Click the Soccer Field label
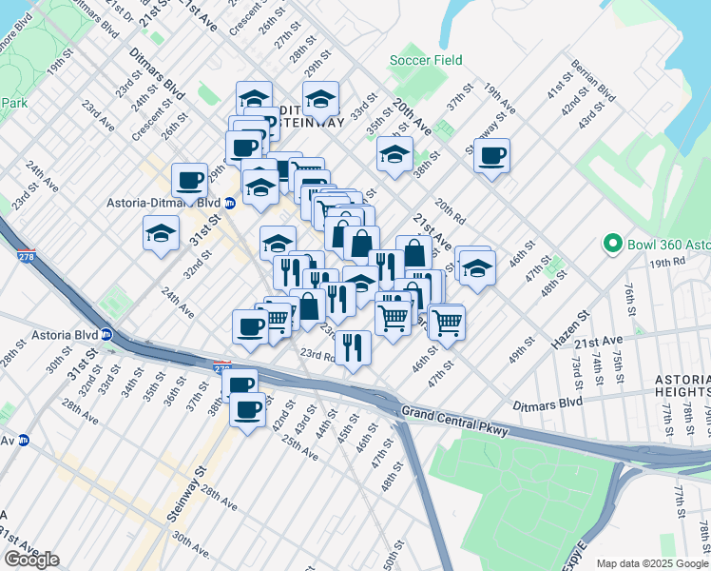[x=426, y=60]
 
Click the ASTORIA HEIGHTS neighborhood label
[x=681, y=385]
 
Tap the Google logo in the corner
[x=31, y=560]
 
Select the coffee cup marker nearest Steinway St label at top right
[x=491, y=156]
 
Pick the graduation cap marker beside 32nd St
[x=162, y=233]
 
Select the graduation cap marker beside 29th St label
[x=321, y=99]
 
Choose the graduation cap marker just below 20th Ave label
[x=394, y=154]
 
